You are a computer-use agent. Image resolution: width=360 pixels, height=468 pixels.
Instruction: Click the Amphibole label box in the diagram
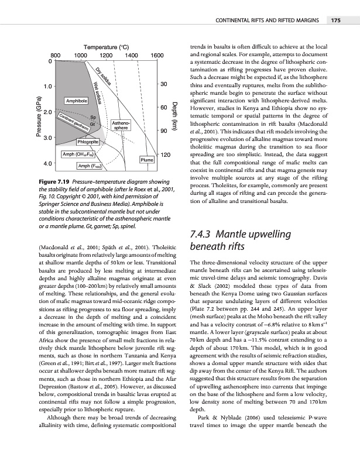pyautogui.click(x=77, y=101)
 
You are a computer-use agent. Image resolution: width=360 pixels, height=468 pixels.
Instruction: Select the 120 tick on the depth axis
pyautogui.click(x=165, y=154)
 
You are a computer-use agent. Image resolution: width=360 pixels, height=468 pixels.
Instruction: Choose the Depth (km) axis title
pyautogui.click(x=175, y=117)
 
